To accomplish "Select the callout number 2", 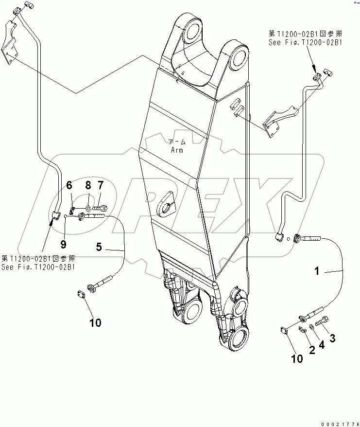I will pos(311,349).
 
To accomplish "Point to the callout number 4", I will pos(322,344).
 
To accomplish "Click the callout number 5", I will pos(99,247).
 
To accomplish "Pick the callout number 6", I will pos(69,185).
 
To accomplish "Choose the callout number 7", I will pos(101,185).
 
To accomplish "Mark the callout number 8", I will pos(88,185).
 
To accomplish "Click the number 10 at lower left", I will pos(95,322).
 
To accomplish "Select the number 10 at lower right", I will pos(296,359).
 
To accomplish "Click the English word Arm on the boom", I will pos(177,150).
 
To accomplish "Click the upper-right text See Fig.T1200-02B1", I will pos(306,43).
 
